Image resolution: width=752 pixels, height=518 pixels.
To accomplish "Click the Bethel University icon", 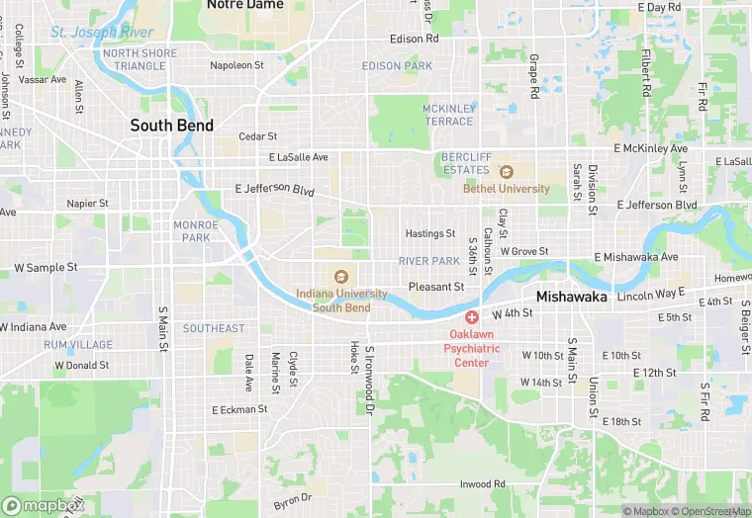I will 506,172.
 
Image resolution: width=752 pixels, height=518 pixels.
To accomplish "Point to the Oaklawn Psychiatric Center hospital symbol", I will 472,317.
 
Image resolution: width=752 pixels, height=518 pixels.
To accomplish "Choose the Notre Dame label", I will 244,5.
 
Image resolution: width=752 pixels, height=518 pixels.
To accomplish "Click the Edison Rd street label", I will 414,39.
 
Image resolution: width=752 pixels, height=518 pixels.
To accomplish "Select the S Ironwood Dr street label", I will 369,379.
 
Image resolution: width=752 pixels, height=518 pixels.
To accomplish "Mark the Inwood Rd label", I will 482,484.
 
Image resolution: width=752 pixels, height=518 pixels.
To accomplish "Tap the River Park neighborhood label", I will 429,261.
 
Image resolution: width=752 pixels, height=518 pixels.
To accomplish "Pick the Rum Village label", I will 78,345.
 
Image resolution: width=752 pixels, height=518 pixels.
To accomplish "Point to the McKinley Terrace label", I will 448,115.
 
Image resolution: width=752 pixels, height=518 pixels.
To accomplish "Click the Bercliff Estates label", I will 465,163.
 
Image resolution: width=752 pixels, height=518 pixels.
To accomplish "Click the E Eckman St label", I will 239,409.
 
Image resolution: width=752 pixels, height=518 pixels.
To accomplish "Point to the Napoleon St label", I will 236,66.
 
